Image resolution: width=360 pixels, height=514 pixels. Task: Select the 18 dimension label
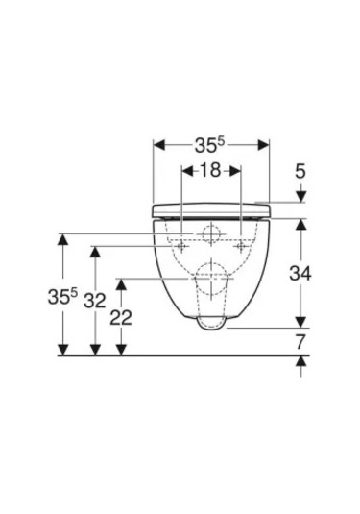(210, 170)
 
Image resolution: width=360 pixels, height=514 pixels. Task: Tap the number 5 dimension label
(300, 171)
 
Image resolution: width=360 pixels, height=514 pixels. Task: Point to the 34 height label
(300, 274)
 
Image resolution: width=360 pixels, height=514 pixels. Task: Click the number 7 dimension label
(300, 342)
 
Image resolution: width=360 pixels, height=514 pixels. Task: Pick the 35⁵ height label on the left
(62, 296)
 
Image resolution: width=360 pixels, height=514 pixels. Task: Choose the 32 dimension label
(95, 301)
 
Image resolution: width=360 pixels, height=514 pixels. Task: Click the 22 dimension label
(121, 318)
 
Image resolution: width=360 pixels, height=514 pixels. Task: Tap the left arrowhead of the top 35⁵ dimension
(159, 145)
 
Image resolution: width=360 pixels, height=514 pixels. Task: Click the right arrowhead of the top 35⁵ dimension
(263, 145)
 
